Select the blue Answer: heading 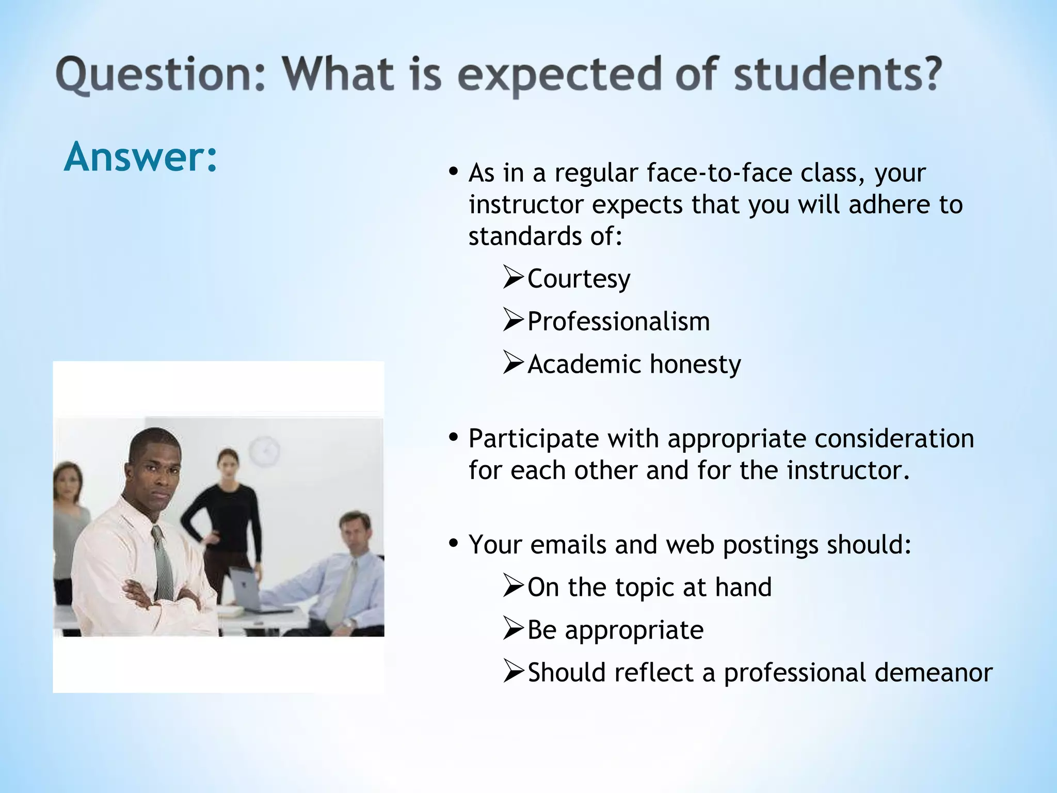140,156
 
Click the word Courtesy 579,279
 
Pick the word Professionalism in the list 618,322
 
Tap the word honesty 695,364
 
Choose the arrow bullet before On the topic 513,586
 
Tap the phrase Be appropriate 615,630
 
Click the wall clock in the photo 264,451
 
